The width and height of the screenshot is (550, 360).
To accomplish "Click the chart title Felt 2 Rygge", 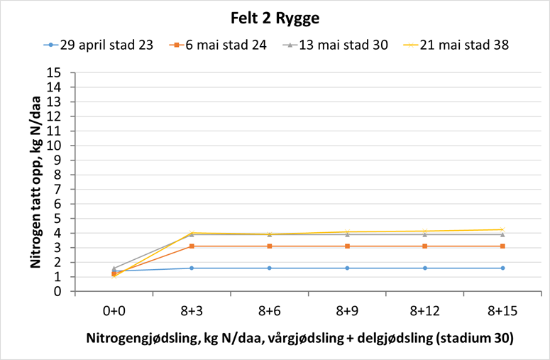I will [x=275, y=18].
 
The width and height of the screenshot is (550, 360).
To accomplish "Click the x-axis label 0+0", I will [x=114, y=310].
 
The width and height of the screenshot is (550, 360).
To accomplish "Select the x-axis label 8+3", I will [x=191, y=310].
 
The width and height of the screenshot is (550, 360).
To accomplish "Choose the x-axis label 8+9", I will [x=346, y=310].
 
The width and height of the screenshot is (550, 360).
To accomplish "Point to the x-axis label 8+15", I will [x=502, y=310].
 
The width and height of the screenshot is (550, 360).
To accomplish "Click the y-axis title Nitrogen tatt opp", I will [x=35, y=182].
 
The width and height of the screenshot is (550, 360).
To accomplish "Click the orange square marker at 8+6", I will [x=269, y=246].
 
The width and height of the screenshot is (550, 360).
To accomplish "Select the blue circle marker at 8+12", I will [x=424, y=268].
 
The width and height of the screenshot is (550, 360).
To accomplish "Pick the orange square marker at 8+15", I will [x=502, y=246].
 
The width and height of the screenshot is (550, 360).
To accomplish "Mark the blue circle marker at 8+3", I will [x=191, y=268].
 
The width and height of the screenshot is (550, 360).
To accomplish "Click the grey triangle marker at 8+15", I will [x=502, y=234].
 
